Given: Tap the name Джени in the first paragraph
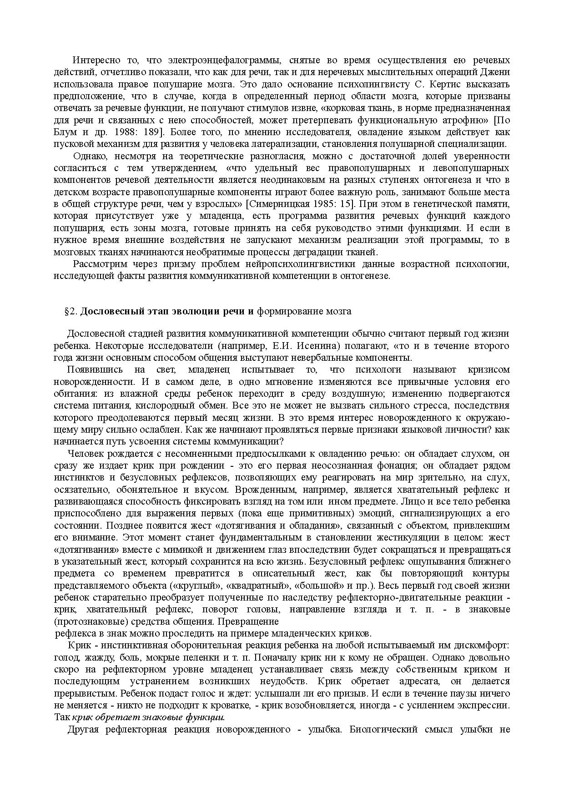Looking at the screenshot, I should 497,72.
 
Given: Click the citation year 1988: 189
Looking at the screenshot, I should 136,132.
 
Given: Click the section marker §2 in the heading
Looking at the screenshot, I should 72,312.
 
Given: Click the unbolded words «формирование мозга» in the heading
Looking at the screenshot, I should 304,312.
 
